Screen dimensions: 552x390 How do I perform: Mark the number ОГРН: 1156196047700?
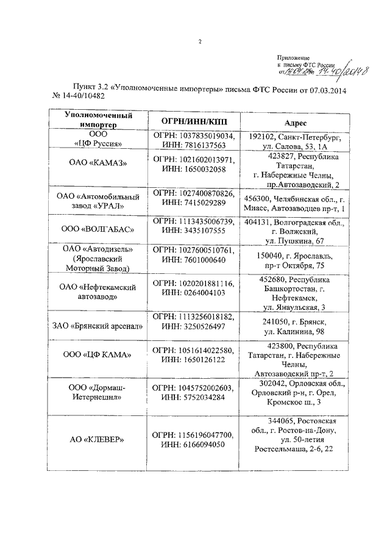point(193,434)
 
